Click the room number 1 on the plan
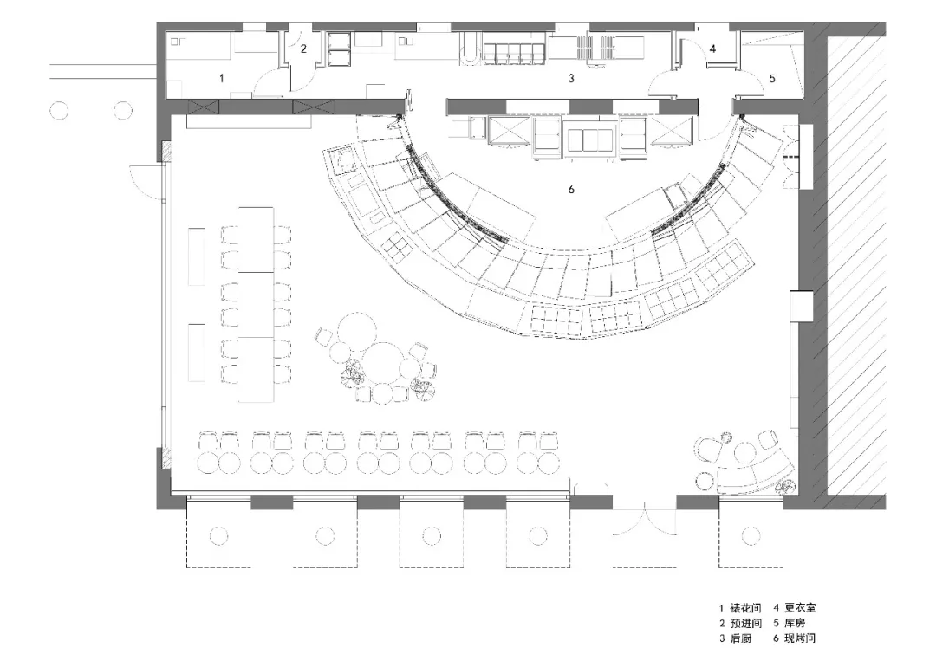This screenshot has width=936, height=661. [222, 78]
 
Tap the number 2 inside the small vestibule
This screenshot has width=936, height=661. [303, 49]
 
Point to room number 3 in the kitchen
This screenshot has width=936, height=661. [570, 78]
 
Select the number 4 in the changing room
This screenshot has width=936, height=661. [712, 49]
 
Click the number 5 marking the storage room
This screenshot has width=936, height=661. [771, 78]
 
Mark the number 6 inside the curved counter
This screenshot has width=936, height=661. [570, 189]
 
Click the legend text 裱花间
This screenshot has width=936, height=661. [745, 608]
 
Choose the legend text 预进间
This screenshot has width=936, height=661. [745, 624]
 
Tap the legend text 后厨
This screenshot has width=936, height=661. [741, 638]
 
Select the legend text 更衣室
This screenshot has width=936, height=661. [800, 608]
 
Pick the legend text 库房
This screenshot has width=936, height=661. [795, 624]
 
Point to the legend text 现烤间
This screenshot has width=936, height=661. [800, 638]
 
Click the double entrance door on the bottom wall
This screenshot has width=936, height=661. [643, 519]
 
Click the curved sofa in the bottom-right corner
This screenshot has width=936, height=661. [756, 470]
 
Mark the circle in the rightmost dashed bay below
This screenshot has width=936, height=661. [750, 535]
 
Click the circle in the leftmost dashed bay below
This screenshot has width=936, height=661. [218, 535]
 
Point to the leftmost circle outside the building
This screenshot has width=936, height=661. [59, 111]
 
